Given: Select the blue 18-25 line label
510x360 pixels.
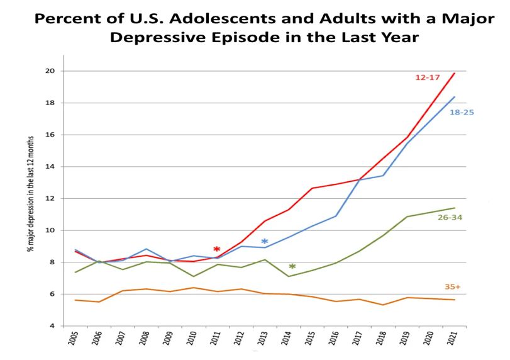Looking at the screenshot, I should click(462, 112).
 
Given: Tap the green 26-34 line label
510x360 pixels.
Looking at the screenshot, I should click(450, 217).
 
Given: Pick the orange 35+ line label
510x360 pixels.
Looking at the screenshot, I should click(453, 287).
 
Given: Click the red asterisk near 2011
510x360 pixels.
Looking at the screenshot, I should click(216, 250).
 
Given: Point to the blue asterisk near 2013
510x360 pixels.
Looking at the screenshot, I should click(265, 242).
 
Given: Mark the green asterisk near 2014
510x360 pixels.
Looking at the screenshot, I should click(292, 267).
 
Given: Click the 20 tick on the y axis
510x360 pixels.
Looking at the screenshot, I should click(50, 71).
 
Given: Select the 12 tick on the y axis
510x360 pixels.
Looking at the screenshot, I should click(50, 198).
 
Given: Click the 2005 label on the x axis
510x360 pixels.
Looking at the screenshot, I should click(73, 340).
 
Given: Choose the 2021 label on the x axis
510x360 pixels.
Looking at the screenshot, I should click(452, 340).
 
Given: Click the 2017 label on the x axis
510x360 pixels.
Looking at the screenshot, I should click(357, 340).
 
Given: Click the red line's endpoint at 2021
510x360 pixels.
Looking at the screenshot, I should click(455, 73).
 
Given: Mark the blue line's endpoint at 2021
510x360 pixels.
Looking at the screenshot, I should click(455, 97).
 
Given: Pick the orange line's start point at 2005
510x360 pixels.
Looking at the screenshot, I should click(75, 300).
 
